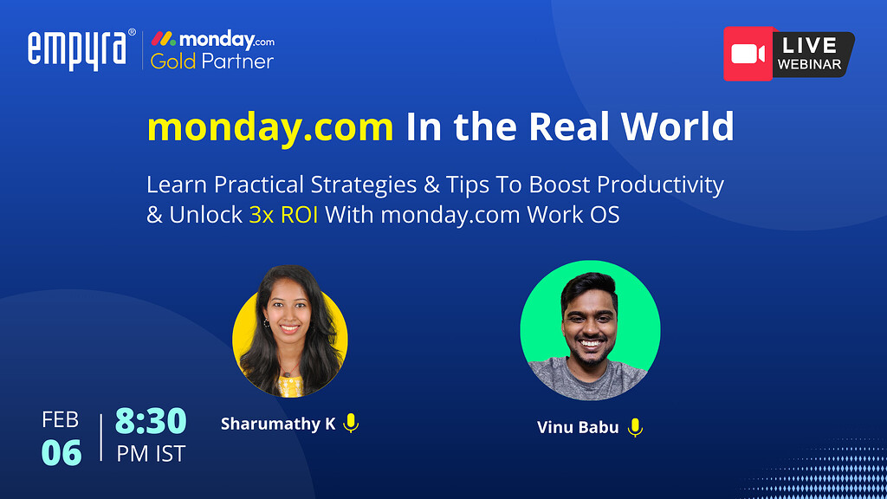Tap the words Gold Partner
(212, 62)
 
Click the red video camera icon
(748, 54)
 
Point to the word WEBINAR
(809, 64)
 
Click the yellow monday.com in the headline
(270, 126)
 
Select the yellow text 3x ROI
(283, 215)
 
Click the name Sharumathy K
(278, 424)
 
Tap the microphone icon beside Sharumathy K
(350, 424)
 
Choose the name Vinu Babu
(578, 427)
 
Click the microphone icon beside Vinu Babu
(635, 427)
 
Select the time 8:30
(151, 421)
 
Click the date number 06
(62, 452)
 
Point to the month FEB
(61, 421)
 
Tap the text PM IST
(151, 452)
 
